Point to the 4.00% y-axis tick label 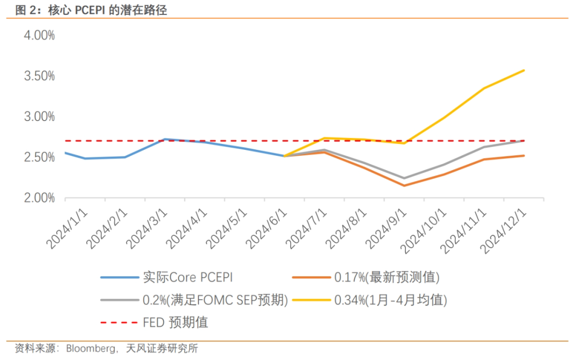pyautogui.click(x=38, y=35)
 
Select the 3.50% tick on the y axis pyautogui.click(x=38, y=76)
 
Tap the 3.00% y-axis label pyautogui.click(x=38, y=116)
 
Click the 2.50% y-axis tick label pyautogui.click(x=38, y=157)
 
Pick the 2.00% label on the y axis pyautogui.click(x=38, y=198)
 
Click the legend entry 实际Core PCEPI pyautogui.click(x=187, y=277)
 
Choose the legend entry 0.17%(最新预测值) pyautogui.click(x=387, y=277)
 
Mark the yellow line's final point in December pyautogui.click(x=524, y=70)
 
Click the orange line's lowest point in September pyautogui.click(x=404, y=186)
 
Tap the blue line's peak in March pyautogui.click(x=165, y=139)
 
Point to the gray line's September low pyautogui.click(x=404, y=178)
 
